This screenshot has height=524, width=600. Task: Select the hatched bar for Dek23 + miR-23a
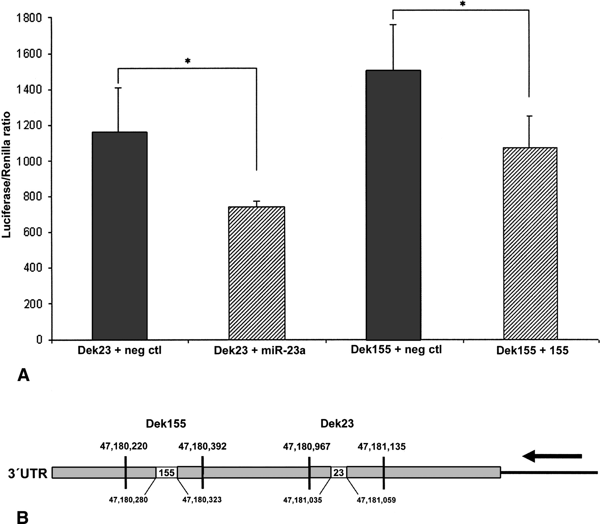click(x=257, y=273)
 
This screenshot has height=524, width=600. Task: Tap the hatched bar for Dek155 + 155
click(x=530, y=243)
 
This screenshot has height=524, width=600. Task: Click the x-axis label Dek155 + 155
click(x=532, y=351)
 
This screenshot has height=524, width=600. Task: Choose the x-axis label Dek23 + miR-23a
click(x=260, y=351)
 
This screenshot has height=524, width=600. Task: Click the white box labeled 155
click(x=167, y=473)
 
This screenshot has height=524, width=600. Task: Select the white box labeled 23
click(x=338, y=473)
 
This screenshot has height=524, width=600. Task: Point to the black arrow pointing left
click(x=552, y=456)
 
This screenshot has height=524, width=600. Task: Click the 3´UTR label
click(x=28, y=473)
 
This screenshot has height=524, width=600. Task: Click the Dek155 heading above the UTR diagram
click(x=166, y=423)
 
